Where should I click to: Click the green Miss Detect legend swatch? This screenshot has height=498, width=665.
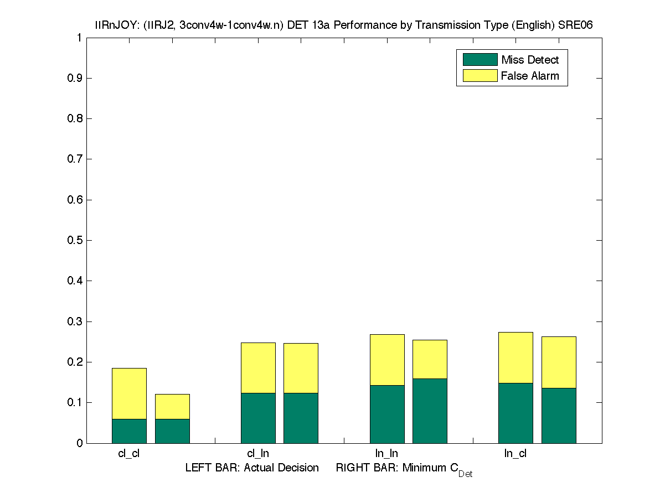pos(480,59)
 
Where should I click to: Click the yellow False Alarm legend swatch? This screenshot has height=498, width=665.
pos(480,75)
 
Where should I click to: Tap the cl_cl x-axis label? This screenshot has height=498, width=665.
pos(129,453)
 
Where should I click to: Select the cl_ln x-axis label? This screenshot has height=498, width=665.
pos(258,453)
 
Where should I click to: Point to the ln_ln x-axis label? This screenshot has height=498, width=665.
pos(386,453)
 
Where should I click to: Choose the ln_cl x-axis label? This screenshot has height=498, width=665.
pos(515,453)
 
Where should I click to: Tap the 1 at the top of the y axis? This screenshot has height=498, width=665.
pos(79,38)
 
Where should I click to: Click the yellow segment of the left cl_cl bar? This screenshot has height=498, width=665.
pos(129,393)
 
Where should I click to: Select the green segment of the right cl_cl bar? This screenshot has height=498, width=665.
pos(172,431)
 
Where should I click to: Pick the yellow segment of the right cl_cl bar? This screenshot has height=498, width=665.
pos(172,406)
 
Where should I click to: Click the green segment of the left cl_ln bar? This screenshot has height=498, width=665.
pos(258,418)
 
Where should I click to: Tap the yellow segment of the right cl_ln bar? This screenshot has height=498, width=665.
pos(301,368)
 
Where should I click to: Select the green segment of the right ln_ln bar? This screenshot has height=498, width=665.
pos(430,411)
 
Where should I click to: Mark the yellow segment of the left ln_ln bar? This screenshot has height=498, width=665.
pos(387,360)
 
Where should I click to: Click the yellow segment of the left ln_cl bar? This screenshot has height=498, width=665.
pos(515,357)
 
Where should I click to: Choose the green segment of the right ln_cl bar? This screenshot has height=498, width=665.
pos(559,415)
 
